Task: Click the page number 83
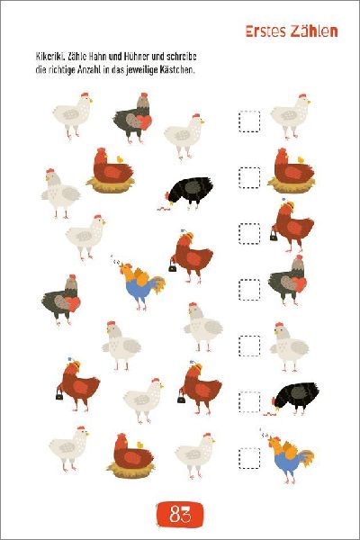point(180,515)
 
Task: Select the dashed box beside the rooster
point(249,458)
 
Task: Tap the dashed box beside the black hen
point(249,402)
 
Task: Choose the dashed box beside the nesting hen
point(249,177)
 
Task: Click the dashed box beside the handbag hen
point(249,233)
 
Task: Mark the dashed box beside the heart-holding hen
point(249,290)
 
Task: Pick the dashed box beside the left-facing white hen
point(249,346)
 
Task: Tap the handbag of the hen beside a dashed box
point(274,235)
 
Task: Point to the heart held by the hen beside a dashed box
point(299,284)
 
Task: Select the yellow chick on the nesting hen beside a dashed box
point(301,159)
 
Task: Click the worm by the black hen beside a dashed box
point(270,413)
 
